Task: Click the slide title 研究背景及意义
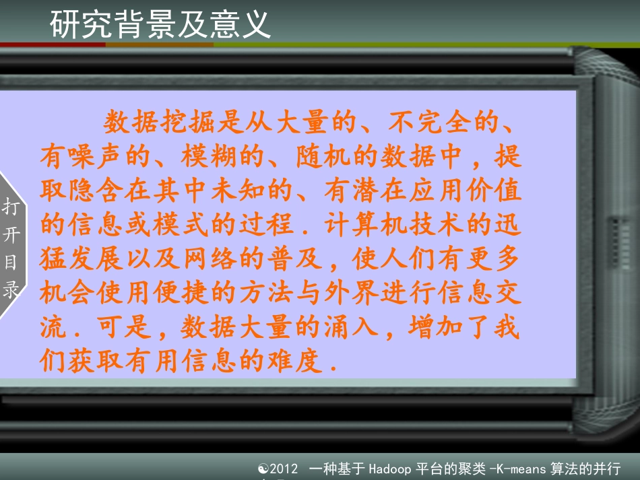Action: coord(160,24)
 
